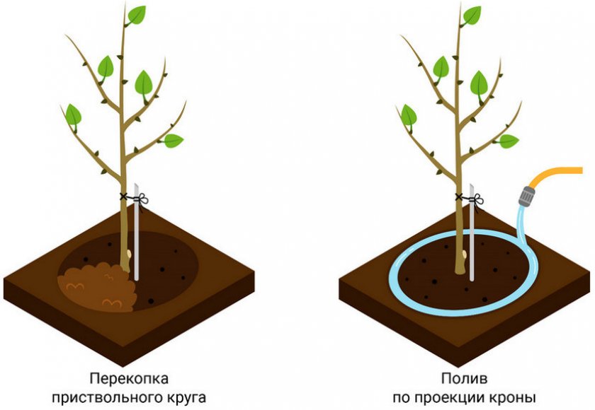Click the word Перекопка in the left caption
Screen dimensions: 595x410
[129, 378]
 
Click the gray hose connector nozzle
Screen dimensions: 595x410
[527, 195]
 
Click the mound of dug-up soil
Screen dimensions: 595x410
[98, 286]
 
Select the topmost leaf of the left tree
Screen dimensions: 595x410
[137, 15]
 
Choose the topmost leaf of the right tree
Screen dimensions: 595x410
[472, 16]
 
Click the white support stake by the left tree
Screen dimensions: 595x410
[136, 232]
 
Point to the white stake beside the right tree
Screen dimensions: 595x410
[472, 232]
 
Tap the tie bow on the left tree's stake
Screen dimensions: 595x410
[142, 199]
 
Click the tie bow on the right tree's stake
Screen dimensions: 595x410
[477, 199]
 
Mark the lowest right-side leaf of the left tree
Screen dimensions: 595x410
[173, 141]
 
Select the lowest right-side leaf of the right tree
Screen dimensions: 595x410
[508, 141]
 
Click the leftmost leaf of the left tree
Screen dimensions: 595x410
[73, 115]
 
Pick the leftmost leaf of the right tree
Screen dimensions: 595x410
[409, 115]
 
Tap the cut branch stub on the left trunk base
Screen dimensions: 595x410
[129, 253]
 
